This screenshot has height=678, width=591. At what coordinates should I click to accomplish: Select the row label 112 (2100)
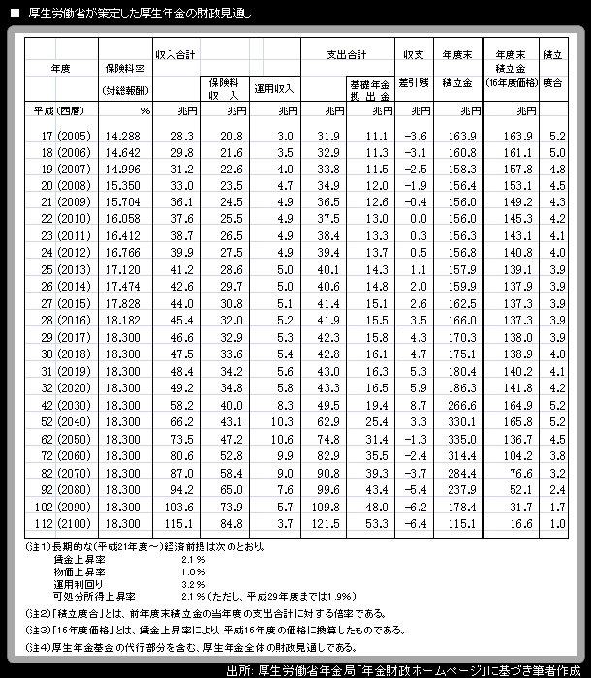tap(64, 523)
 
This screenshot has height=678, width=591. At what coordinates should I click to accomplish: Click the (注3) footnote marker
tap(36, 630)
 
